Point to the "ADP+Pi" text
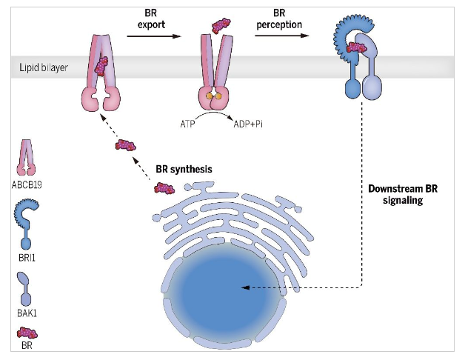(249, 124)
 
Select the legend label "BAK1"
(28, 313)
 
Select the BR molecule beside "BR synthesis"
(164, 187)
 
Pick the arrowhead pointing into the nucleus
(246, 287)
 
